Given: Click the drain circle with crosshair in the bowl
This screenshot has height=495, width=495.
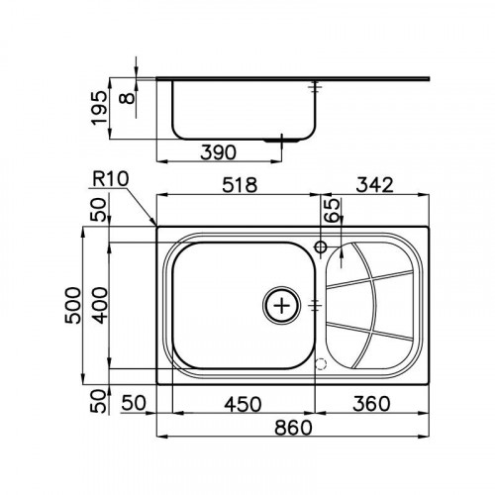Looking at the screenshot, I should pyautogui.click(x=282, y=305).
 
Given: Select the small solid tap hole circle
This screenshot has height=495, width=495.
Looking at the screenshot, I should pyautogui.click(x=322, y=246).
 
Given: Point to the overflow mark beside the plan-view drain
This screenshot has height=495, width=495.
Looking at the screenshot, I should pyautogui.click(x=314, y=305).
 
